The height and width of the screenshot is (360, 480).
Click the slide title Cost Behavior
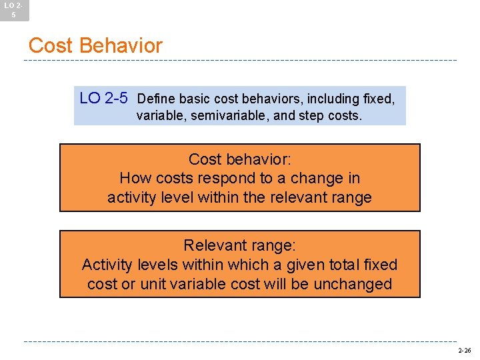[95, 45]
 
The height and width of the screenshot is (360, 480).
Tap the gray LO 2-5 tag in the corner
[14, 9]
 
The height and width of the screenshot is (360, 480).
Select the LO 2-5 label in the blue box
[103, 99]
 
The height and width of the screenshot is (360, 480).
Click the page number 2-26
[464, 350]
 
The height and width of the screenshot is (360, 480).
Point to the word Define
[155, 99]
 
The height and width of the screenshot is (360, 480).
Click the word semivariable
[225, 115]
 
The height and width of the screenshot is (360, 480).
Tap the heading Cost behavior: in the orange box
[240, 159]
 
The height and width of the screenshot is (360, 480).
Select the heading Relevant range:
[240, 245]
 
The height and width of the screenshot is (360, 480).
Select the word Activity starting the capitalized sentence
[107, 265]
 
